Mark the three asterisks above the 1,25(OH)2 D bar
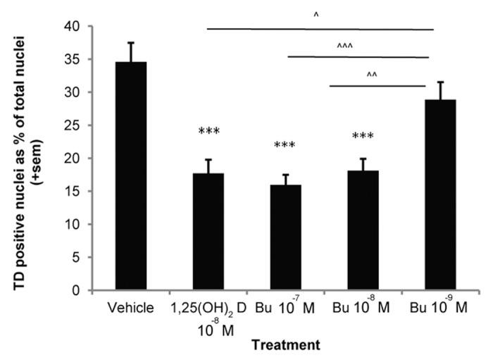[209, 132]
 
